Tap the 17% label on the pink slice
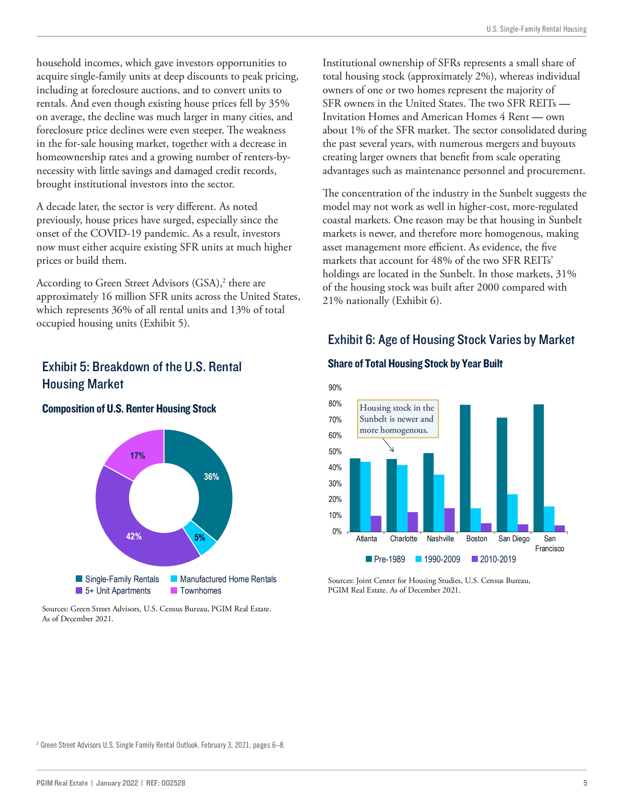click(137, 455)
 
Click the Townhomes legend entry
click(196, 591)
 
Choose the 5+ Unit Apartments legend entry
click(114, 591)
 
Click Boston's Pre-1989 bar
click(465, 468)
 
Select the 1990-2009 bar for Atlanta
click(365, 497)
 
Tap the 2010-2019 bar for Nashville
click(449, 520)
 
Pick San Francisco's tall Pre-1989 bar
click(538, 468)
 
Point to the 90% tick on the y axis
click(335, 388)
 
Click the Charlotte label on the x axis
click(403, 539)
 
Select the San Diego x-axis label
click(514, 539)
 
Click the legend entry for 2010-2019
click(494, 559)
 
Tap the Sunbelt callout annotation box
click(398, 419)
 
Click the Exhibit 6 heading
click(451, 340)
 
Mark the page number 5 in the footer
click(585, 783)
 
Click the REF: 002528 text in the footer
click(165, 783)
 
